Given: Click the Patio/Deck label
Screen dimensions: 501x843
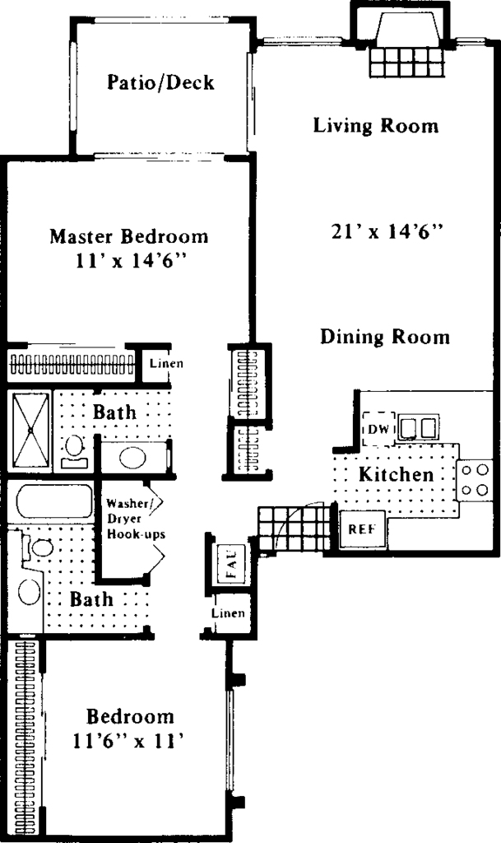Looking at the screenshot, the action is (x=160, y=82).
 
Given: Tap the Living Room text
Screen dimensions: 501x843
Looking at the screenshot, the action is (x=376, y=125).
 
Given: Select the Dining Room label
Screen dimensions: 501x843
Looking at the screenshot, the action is (x=385, y=337).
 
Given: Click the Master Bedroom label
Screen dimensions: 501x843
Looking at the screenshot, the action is (x=129, y=236).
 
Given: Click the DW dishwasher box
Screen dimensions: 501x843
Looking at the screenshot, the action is (x=379, y=429).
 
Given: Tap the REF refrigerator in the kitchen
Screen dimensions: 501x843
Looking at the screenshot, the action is (x=363, y=529).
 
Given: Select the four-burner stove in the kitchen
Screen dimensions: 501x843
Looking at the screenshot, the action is (x=475, y=480).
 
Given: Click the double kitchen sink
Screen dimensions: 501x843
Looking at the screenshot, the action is (x=418, y=428).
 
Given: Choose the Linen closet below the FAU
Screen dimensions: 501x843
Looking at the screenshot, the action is (x=229, y=612).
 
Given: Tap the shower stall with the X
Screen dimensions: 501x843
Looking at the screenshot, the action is (x=30, y=430).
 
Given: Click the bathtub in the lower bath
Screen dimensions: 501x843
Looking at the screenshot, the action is (x=54, y=501).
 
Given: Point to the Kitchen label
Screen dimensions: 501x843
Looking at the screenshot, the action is (x=397, y=474).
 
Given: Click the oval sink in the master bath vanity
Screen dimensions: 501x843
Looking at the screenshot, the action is (x=132, y=458).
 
